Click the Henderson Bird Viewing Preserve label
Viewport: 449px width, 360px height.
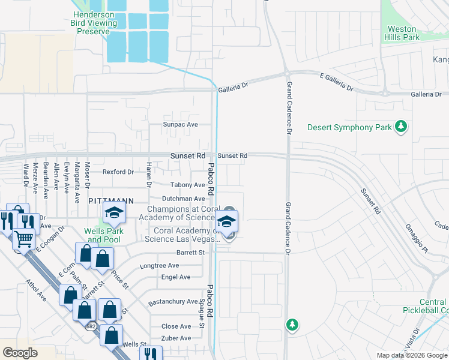tap(95, 23)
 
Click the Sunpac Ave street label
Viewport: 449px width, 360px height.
tap(181, 125)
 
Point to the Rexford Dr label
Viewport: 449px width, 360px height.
tap(118, 172)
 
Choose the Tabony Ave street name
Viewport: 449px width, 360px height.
tap(188, 185)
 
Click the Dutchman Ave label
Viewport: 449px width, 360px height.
tap(184, 199)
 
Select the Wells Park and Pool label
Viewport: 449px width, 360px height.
tap(103, 235)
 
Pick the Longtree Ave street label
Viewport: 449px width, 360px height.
tap(159, 265)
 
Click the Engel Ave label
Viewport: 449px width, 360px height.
tap(176, 277)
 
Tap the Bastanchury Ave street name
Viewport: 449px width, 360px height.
tap(173, 301)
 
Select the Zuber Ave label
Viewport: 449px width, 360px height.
tap(176, 338)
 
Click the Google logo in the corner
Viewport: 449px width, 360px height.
tap(20, 353)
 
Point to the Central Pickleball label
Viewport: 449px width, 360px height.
tap(433, 306)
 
